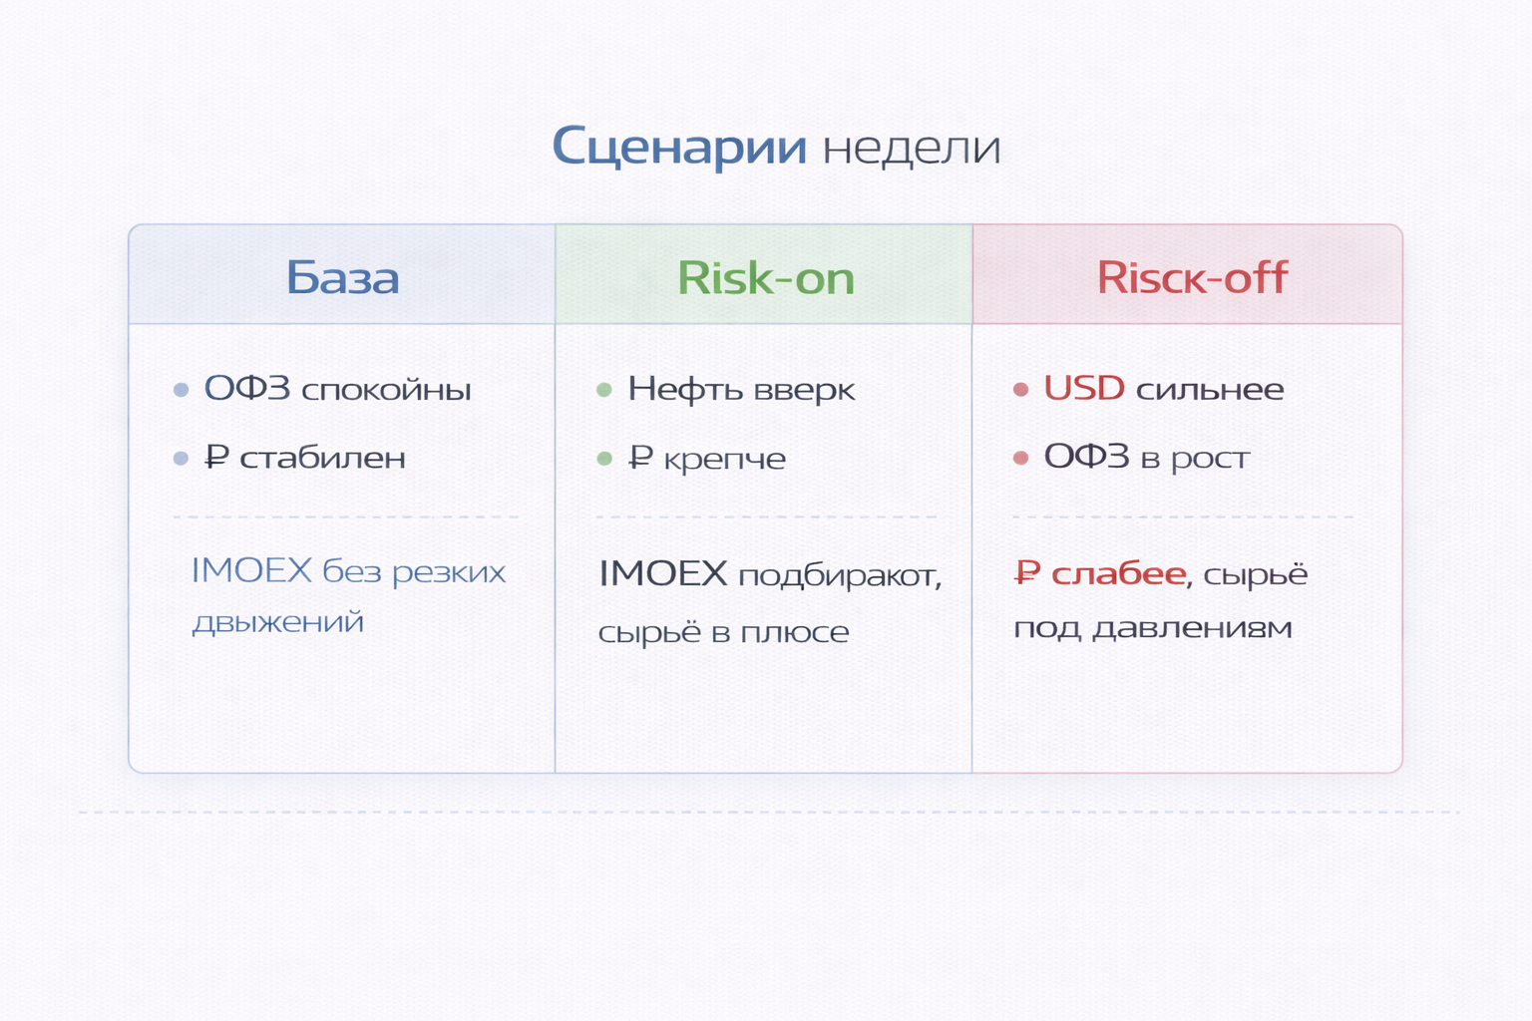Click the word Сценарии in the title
(x=678, y=147)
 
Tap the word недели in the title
(x=912, y=149)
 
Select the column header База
(x=342, y=277)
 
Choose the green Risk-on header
(x=765, y=277)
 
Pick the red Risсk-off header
(x=1192, y=277)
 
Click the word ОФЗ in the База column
(x=247, y=388)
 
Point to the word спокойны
(x=386, y=390)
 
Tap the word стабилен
(x=322, y=458)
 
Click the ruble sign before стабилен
(x=216, y=458)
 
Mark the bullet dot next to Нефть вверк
(x=603, y=390)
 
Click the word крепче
(x=724, y=459)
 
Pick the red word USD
(x=1084, y=388)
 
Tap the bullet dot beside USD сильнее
(x=1020, y=390)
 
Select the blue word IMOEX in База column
(x=251, y=570)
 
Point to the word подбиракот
(x=839, y=576)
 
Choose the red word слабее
(x=1118, y=573)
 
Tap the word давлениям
(x=1192, y=628)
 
